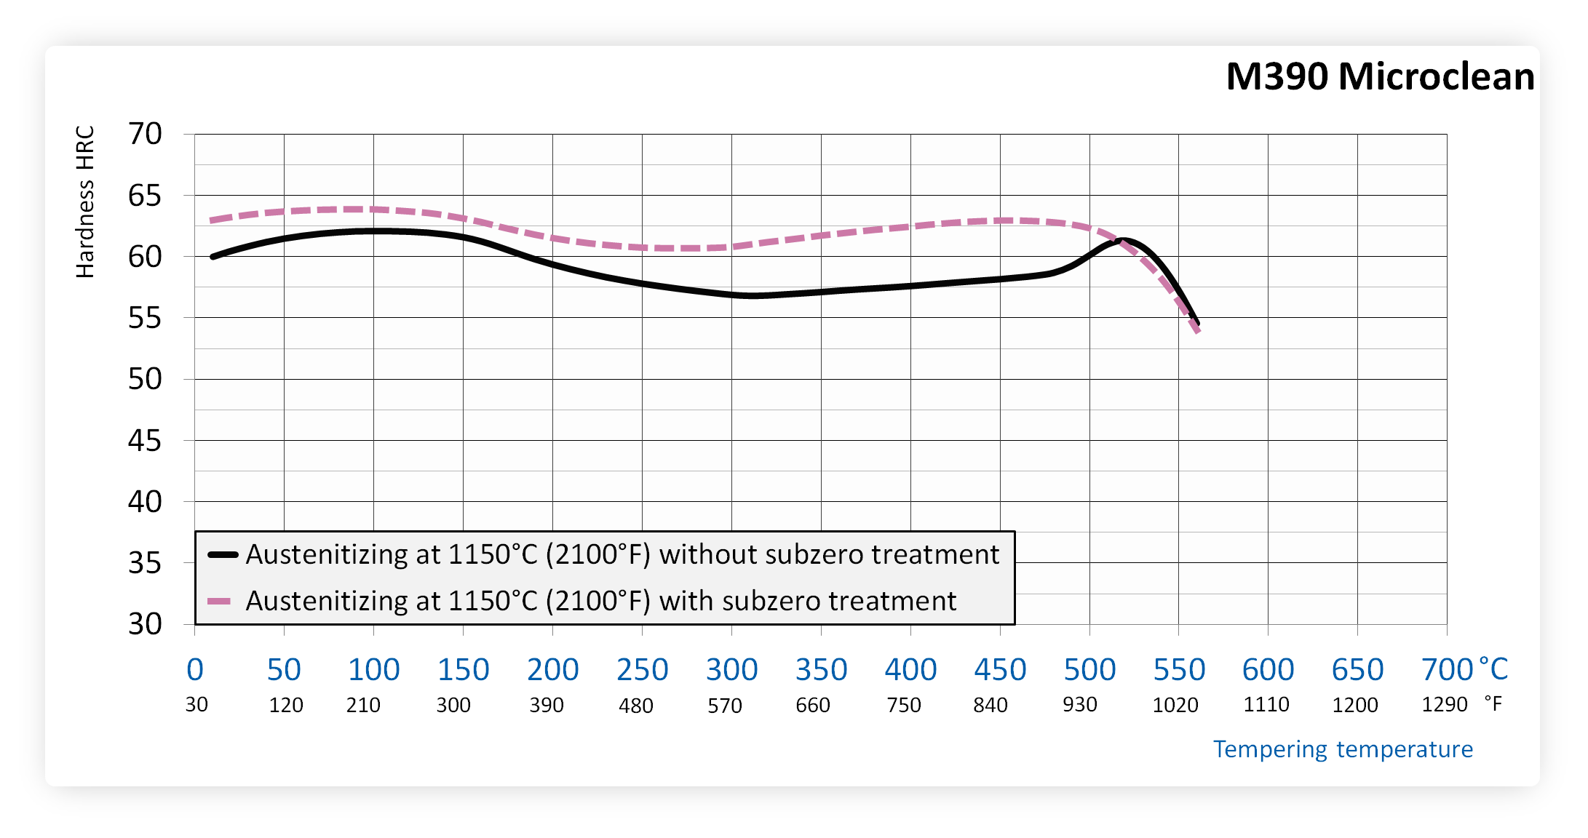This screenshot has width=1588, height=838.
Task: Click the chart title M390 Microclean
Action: pyautogui.click(x=1380, y=76)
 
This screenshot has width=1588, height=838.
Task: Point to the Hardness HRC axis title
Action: pyautogui.click(x=85, y=201)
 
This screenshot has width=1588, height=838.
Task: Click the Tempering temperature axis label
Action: pyautogui.click(x=1343, y=749)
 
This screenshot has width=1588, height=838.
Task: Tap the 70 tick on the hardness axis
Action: pyautogui.click(x=145, y=134)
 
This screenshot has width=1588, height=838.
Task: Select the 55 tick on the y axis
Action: pyautogui.click(x=145, y=318)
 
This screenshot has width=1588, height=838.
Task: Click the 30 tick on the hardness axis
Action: pyautogui.click(x=145, y=624)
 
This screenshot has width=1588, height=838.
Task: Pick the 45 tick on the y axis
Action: pyautogui.click(x=145, y=441)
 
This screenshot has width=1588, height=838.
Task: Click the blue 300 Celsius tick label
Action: pyautogui.click(x=731, y=670)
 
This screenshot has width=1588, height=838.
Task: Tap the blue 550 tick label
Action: pyautogui.click(x=1179, y=670)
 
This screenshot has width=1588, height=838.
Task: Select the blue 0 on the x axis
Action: pyautogui.click(x=195, y=670)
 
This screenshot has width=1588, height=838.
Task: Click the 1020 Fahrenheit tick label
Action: pyautogui.click(x=1175, y=705)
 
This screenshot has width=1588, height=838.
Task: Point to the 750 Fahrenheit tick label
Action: pyautogui.click(x=904, y=705)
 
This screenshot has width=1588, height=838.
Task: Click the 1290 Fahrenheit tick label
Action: pyautogui.click(x=1445, y=704)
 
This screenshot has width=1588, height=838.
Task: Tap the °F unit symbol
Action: pyautogui.click(x=1493, y=703)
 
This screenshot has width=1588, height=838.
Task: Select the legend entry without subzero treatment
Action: pyautogui.click(x=622, y=554)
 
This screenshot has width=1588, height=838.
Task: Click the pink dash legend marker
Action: pyautogui.click(x=219, y=601)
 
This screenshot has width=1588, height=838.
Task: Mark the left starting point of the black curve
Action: pyautogui.click(x=213, y=257)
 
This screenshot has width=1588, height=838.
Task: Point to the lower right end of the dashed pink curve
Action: pyautogui.click(x=1197, y=332)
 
